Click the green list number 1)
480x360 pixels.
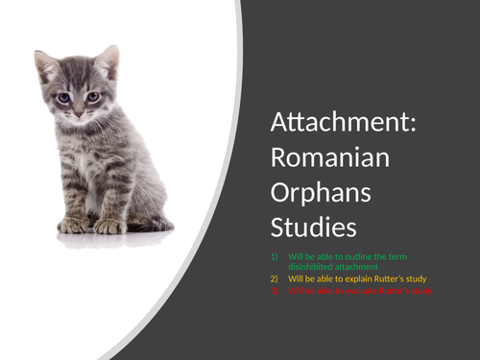coord(275,256)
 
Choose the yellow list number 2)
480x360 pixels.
coord(275,278)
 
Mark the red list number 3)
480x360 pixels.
coord(275,289)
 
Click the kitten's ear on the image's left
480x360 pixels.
coord(44,66)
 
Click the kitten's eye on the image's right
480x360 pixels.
coord(93,96)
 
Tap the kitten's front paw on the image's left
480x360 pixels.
coord(74,226)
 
